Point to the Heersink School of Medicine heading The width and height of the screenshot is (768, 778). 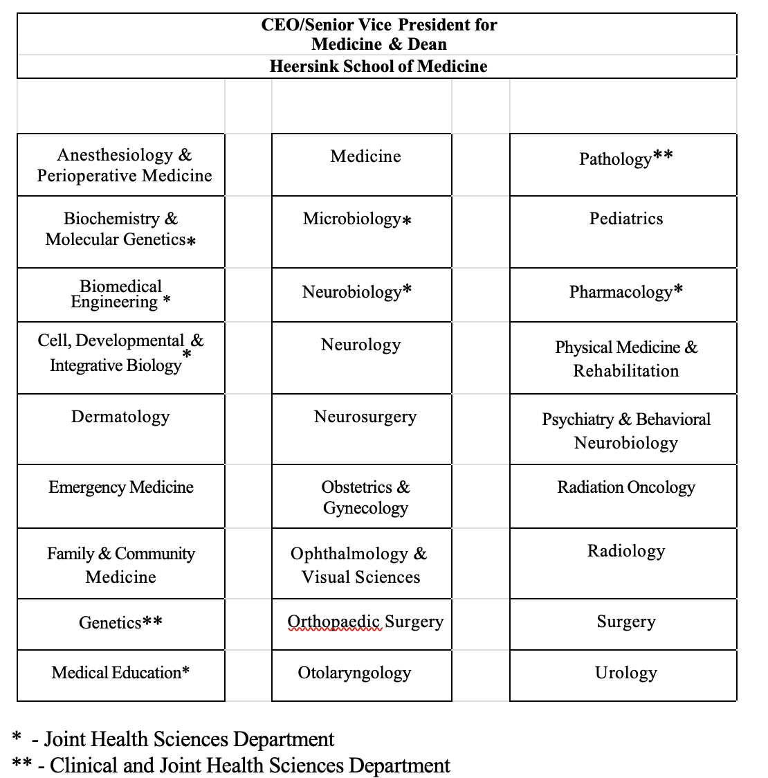coord(378,66)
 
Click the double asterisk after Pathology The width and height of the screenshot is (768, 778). coord(662,156)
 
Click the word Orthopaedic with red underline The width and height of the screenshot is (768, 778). coord(334,622)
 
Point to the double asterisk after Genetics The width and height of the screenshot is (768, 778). coord(153,622)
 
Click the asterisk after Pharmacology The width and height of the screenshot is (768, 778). coord(679,289)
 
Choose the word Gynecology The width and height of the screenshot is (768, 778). coord(365,508)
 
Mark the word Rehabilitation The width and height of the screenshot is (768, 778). coord(625,371)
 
